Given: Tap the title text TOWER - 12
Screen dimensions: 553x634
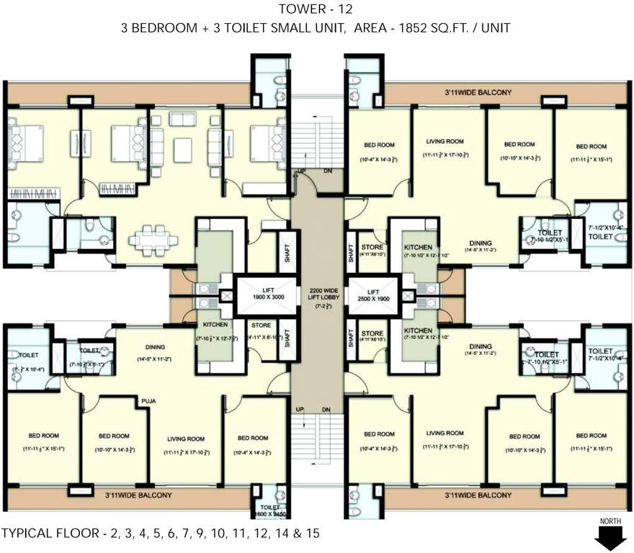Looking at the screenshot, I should (x=317, y=9).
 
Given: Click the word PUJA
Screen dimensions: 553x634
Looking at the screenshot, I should (x=149, y=400).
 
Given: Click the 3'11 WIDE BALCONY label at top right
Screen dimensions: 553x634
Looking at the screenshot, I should (x=478, y=92).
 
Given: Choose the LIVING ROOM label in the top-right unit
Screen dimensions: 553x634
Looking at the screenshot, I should (x=445, y=142).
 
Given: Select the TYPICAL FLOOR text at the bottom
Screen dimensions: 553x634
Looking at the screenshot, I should (x=160, y=534).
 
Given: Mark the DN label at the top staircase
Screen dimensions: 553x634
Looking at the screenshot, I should (x=327, y=171).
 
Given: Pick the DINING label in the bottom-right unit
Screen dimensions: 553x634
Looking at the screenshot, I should (x=480, y=347).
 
